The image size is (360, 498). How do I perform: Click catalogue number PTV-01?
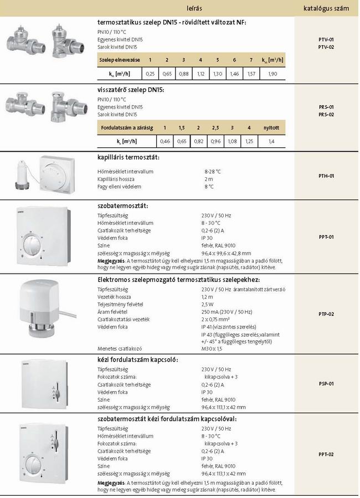[326, 40]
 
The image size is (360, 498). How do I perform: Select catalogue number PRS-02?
[326, 114]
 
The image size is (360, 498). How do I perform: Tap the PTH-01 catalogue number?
[326, 176]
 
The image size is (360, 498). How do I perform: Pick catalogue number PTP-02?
[326, 314]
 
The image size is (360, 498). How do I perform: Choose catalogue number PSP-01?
[326, 383]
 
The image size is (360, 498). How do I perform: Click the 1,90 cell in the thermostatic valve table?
[272, 73]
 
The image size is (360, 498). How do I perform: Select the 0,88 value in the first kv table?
[184, 73]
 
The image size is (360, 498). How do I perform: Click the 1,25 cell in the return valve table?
[249, 142]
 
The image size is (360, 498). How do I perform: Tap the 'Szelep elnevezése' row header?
[119, 59]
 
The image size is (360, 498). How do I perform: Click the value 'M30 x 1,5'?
[212, 348]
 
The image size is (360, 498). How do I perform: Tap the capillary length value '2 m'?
[208, 179]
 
